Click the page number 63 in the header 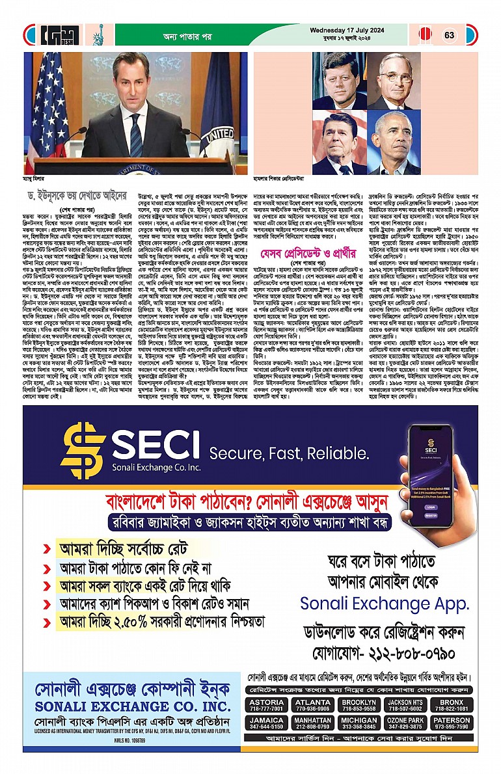pyautogui.click(x=449, y=34)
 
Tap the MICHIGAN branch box pyautogui.click(x=359, y=724)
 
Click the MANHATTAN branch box pyautogui.click(x=312, y=724)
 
